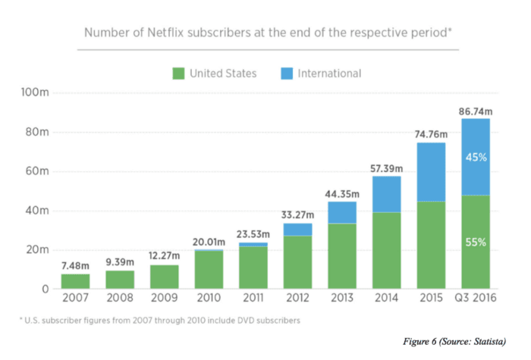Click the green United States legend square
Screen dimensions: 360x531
click(x=179, y=74)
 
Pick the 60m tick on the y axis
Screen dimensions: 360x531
click(x=38, y=171)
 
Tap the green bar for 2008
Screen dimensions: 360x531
click(x=119, y=280)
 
